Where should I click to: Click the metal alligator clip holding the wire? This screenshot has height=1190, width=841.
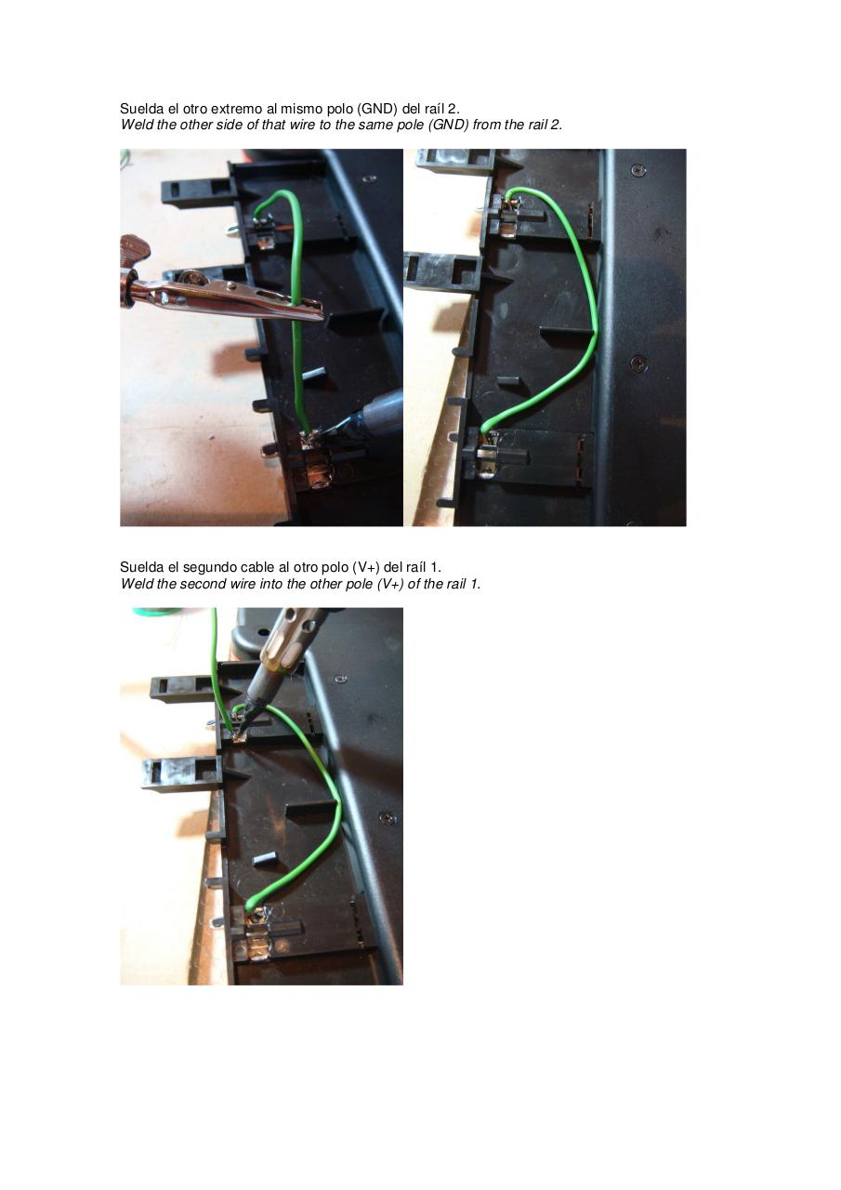223,296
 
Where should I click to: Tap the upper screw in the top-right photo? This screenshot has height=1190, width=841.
637,170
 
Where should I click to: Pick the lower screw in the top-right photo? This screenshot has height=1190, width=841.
638,363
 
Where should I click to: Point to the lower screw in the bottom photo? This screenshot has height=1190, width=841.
388,818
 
